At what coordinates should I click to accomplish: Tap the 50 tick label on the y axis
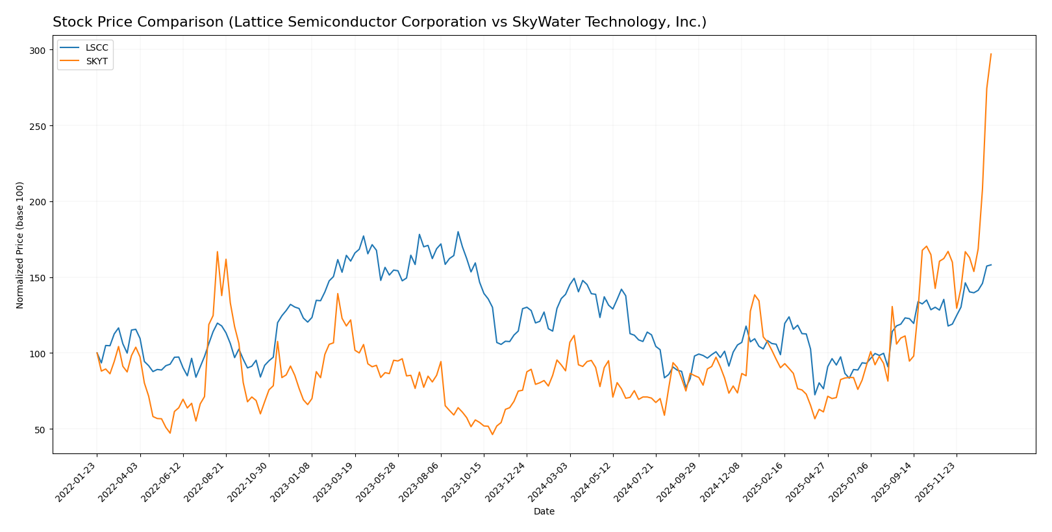pyautogui.click(x=40, y=429)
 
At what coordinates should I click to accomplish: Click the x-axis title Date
pyautogui.click(x=544, y=512)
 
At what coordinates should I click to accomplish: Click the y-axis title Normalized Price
pyautogui.click(x=20, y=245)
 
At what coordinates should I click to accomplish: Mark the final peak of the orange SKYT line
pyautogui.click(x=991, y=54)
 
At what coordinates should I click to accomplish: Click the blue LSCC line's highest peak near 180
pyautogui.click(x=458, y=232)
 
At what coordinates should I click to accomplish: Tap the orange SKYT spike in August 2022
pyautogui.click(x=218, y=252)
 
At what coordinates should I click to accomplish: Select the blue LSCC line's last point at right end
pyautogui.click(x=991, y=264)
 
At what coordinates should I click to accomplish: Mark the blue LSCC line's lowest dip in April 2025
pyautogui.click(x=815, y=395)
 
